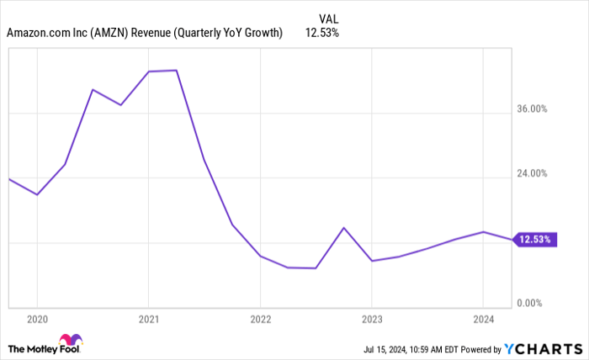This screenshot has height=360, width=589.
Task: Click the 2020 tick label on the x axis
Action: pyautogui.click(x=37, y=319)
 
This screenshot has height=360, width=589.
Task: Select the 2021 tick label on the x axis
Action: pyautogui.click(x=148, y=319)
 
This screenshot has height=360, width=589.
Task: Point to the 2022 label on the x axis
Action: pyautogui.click(x=260, y=319)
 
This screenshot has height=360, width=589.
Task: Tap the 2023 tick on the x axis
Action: pyautogui.click(x=372, y=319)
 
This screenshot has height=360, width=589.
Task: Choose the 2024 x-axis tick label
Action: pyautogui.click(x=483, y=319)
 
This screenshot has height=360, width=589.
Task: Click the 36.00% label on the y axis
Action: pyautogui.click(x=533, y=109)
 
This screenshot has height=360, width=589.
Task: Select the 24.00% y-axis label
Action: pyautogui.click(x=533, y=174)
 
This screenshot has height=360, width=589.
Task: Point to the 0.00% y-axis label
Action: pyautogui.click(x=534, y=303)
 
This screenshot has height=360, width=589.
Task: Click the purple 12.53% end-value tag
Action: pyautogui.click(x=534, y=239)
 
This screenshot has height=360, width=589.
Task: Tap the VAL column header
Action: pyautogui.click(x=329, y=18)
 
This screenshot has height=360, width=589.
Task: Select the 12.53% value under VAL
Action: pyautogui.click(x=323, y=33)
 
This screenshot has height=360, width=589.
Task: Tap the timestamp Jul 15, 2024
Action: pyautogui.click(x=387, y=348)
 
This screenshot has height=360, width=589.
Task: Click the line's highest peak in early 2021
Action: pyautogui.click(x=176, y=71)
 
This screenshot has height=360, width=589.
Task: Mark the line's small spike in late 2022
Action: pyautogui.click(x=343, y=228)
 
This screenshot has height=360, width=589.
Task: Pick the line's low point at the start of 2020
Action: pyautogui.click(x=37, y=195)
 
